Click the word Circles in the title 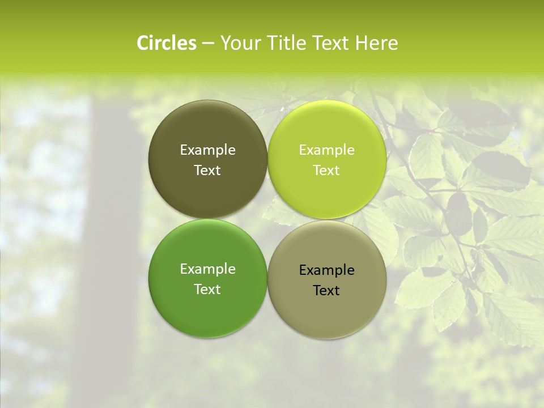click(x=167, y=43)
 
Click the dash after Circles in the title click(x=207, y=44)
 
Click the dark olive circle click(x=207, y=193)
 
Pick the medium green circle click(x=207, y=312)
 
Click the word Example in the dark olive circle click(x=207, y=150)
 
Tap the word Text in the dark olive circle click(x=207, y=171)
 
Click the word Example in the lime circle click(x=327, y=150)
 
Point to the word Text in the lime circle click(x=327, y=171)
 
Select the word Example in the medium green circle click(x=207, y=269)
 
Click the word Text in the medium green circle click(x=207, y=290)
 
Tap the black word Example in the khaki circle click(x=327, y=270)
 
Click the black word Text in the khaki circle click(x=327, y=291)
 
